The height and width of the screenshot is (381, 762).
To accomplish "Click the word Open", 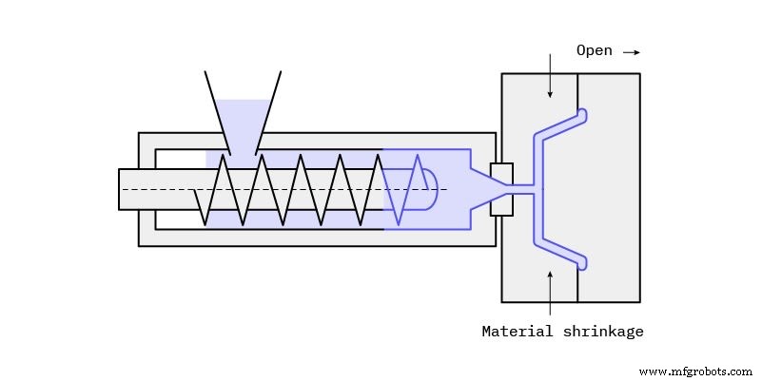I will pyautogui.click(x=594, y=50).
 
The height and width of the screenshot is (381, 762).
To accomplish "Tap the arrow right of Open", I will pyautogui.click(x=632, y=52).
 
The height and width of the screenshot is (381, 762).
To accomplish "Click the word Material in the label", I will pyautogui.click(x=514, y=332).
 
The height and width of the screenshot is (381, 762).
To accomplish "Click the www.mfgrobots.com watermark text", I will pyautogui.click(x=697, y=371).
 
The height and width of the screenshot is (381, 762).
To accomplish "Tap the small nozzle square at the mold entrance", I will pyautogui.click(x=501, y=189).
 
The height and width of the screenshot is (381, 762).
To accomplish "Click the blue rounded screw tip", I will pyautogui.click(x=427, y=189).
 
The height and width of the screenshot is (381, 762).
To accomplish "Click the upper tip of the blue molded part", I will pyautogui.click(x=582, y=115).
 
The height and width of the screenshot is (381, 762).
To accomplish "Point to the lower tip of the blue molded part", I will pyautogui.click(x=582, y=261).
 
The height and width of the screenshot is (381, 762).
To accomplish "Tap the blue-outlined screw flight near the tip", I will pyautogui.click(x=401, y=189).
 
